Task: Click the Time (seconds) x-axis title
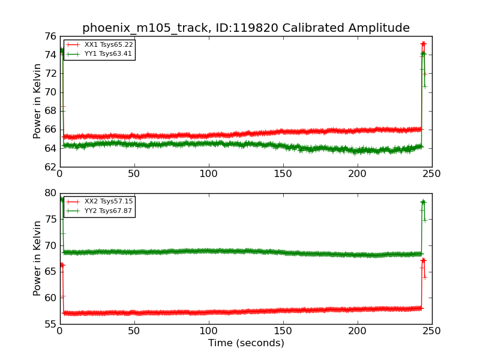[246, 343]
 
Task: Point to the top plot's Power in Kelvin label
[37, 101]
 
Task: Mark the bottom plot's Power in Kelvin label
[37, 258]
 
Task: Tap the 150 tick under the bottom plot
[283, 331]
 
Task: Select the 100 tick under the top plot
[209, 173]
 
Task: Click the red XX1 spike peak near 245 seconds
[423, 44]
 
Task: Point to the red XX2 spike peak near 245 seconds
[423, 260]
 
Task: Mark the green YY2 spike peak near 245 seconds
[423, 202]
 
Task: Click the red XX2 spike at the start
[61, 265]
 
